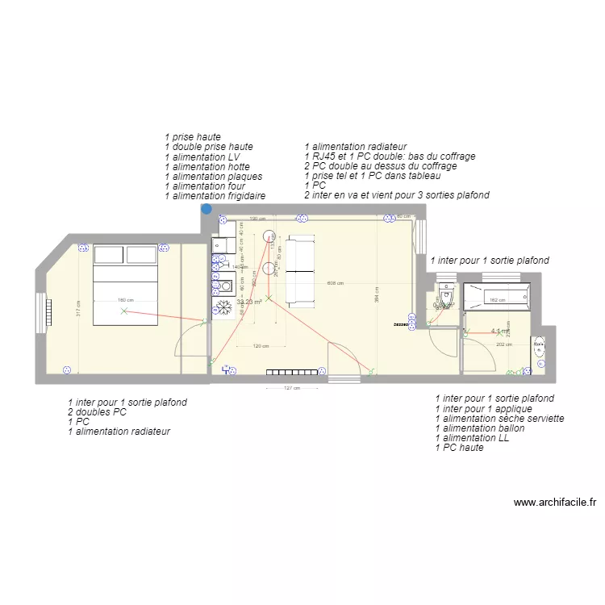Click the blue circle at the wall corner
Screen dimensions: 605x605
[x=207, y=208]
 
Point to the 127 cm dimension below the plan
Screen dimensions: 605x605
[x=291, y=388]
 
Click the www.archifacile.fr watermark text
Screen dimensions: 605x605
[x=555, y=502]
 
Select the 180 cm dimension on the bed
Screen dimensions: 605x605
[x=123, y=301]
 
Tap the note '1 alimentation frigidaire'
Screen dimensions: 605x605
[x=215, y=196]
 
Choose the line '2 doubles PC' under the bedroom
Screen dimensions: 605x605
[x=98, y=412]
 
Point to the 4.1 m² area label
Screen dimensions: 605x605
[x=499, y=331]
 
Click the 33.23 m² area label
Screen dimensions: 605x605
[x=249, y=302]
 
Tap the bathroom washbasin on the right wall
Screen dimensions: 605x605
[x=538, y=347]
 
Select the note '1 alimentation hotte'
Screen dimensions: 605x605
[x=207, y=167]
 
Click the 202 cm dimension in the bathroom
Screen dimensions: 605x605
[x=503, y=344]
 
